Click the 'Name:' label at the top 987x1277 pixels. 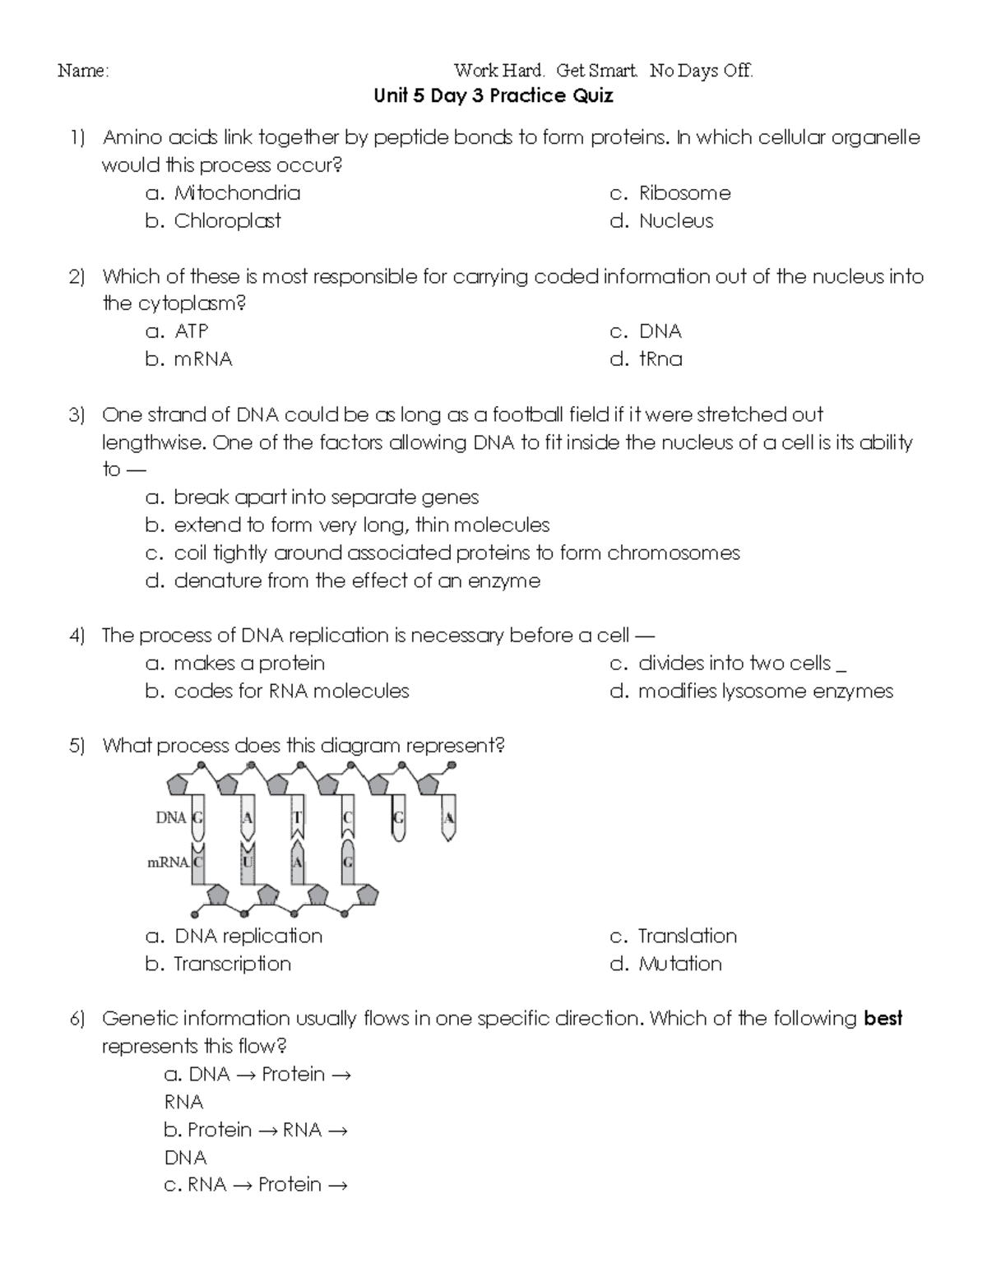(x=82, y=71)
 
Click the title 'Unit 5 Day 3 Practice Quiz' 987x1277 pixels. (x=493, y=96)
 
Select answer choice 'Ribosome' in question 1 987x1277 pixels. (x=683, y=193)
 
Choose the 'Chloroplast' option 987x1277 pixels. (x=227, y=221)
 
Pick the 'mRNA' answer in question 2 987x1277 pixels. (x=202, y=359)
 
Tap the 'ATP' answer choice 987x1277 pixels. (x=191, y=331)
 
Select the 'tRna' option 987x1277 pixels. (x=660, y=359)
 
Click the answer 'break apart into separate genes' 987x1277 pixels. (x=326, y=497)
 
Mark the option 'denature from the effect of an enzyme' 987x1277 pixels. (x=356, y=581)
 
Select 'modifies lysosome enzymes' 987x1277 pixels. (x=765, y=692)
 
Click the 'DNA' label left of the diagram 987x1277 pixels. (x=171, y=818)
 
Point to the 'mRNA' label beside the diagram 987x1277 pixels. (x=168, y=863)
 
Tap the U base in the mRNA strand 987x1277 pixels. (x=248, y=863)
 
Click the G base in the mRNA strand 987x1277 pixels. (x=348, y=863)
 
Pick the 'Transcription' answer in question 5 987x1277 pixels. (x=232, y=964)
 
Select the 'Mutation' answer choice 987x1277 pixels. (x=679, y=964)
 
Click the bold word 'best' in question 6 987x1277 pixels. (x=883, y=1019)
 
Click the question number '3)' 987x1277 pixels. (x=77, y=414)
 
